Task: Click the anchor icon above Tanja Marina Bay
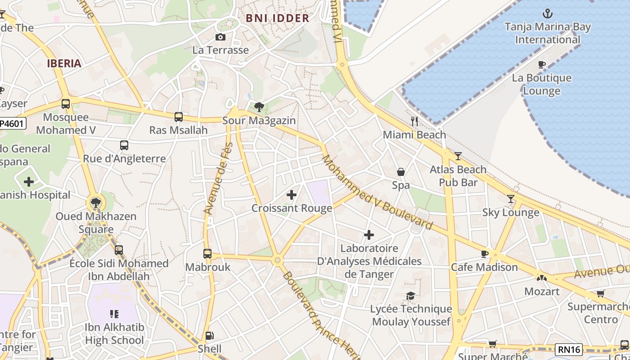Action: point(548,13)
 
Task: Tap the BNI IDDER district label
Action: point(278,18)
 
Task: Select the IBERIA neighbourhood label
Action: point(64,63)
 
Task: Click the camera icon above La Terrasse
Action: point(220,37)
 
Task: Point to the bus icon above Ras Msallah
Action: point(179,117)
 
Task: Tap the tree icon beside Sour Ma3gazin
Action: point(259,107)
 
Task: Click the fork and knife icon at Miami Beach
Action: point(414,121)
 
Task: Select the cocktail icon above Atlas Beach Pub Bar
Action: point(458,156)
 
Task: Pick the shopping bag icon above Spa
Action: point(400,172)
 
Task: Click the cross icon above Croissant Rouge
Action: point(292,195)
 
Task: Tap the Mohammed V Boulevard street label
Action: point(377,192)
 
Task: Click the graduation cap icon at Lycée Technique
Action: point(411,296)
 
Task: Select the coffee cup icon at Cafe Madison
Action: point(485,254)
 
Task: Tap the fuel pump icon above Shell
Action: point(209,335)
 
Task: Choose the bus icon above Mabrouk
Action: point(207,253)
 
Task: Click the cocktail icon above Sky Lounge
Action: point(511,199)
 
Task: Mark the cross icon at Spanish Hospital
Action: point(29,182)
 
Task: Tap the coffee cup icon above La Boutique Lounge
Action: point(542,65)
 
